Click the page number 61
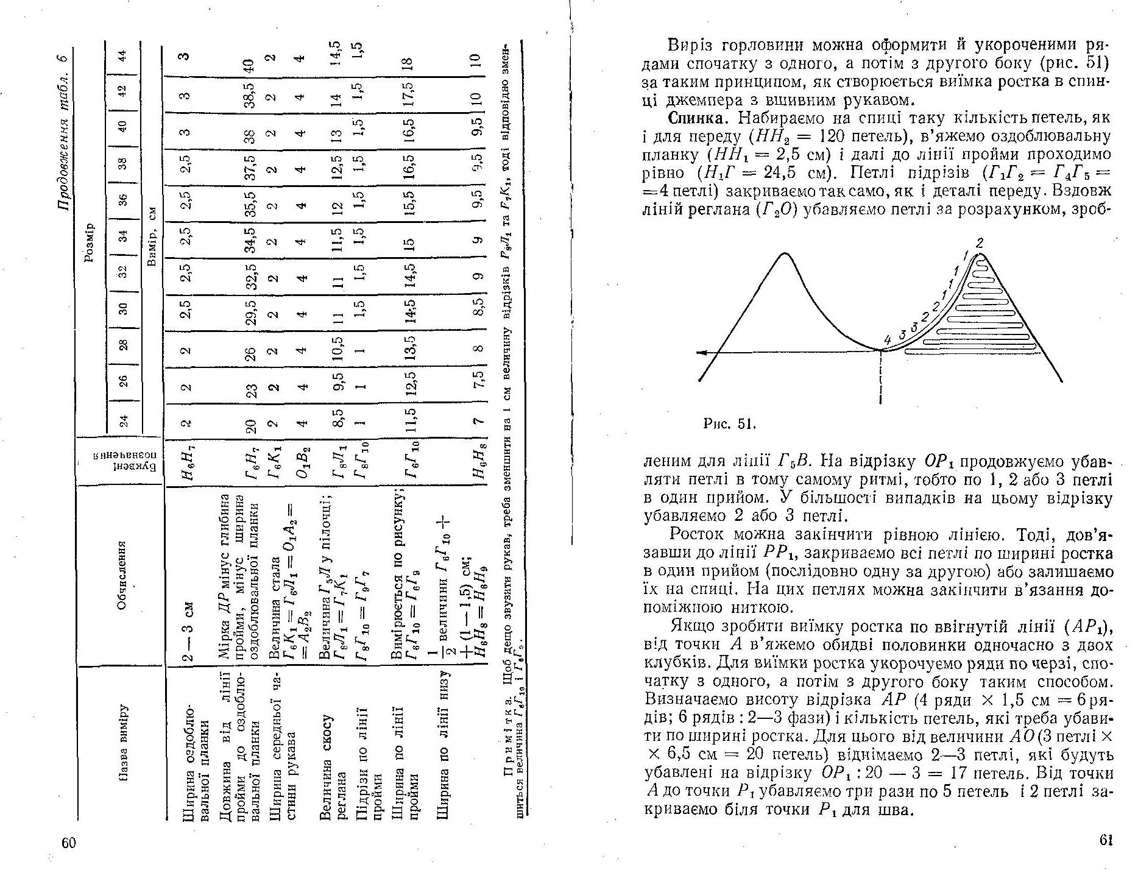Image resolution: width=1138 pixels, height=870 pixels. pyautogui.click(x=1106, y=840)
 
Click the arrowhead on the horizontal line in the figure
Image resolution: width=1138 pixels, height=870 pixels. pyautogui.click(x=703, y=352)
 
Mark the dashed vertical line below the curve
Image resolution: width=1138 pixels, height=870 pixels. pyautogui.click(x=881, y=378)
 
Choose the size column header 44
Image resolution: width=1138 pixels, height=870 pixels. pyautogui.click(x=123, y=55)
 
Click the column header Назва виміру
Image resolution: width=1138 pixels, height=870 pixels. pyautogui.click(x=122, y=743)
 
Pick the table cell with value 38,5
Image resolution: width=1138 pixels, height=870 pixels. pyautogui.click(x=248, y=93)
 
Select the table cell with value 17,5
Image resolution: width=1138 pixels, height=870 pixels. pyautogui.click(x=409, y=93)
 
